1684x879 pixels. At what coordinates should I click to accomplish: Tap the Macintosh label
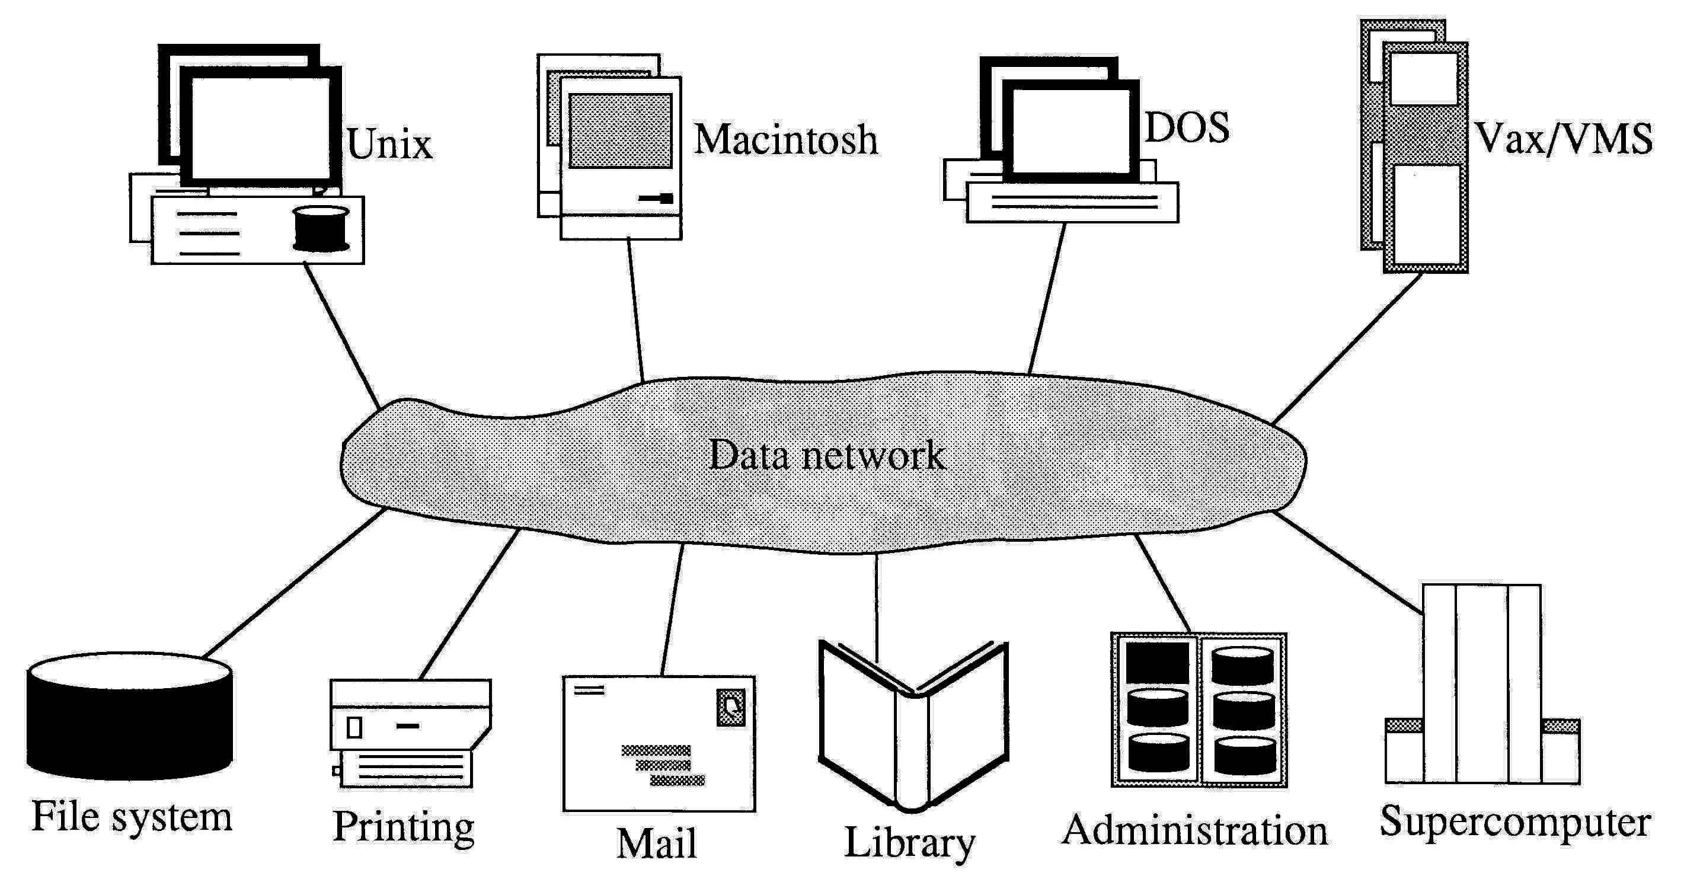click(x=785, y=140)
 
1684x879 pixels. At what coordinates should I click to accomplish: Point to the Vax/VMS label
click(x=1564, y=139)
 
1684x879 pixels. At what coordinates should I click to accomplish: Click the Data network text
click(x=827, y=456)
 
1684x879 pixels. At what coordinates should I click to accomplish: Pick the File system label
click(x=132, y=817)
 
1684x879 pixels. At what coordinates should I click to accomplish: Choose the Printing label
click(x=403, y=827)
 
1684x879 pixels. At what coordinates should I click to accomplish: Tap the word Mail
click(x=656, y=843)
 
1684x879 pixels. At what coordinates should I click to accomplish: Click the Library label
click(x=909, y=843)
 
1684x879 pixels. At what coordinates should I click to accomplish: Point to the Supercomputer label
click(x=1514, y=822)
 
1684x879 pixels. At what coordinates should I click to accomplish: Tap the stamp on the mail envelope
click(x=731, y=707)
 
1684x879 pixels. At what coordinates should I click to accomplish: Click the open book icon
click(x=913, y=725)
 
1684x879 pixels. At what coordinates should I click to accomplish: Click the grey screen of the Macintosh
click(x=620, y=131)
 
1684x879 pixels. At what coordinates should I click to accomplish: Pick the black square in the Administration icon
click(x=1157, y=663)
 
